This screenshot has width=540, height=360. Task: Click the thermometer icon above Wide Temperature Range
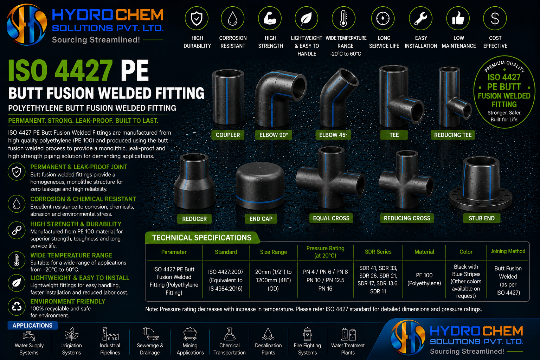pos(343,18)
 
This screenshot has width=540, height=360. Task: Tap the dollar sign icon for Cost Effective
pos(495,18)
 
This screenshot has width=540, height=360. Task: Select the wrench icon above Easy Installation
pos(421,18)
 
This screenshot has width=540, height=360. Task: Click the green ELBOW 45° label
pos(333,135)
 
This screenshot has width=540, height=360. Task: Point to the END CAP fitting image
pos(260,185)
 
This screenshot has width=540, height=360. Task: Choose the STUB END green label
pos(481,218)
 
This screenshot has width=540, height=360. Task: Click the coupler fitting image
pos(228,97)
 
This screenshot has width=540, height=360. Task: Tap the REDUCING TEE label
pos(453,135)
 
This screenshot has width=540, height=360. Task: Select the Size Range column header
pos(274,252)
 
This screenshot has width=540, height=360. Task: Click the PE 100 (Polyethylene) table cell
pos(424,279)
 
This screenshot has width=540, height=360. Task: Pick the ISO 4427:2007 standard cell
pos(226,280)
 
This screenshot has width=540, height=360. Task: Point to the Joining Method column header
pos(508,251)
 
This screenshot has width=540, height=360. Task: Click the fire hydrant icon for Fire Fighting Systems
pos(307,334)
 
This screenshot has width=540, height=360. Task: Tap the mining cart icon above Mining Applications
pos(190,334)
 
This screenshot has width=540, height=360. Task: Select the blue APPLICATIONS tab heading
pos(33,326)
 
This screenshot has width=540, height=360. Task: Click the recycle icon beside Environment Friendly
pos(17,307)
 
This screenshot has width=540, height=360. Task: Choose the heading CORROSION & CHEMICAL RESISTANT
pos(83,199)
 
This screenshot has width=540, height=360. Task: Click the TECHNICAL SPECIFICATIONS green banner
pos(202,238)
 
